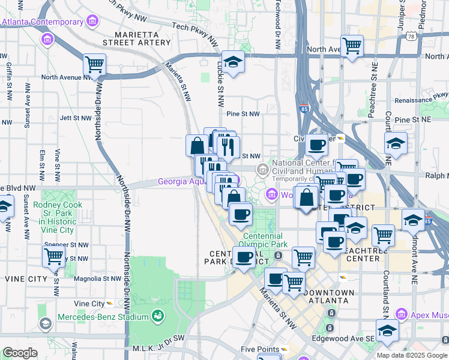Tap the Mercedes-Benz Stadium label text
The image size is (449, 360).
[103, 317]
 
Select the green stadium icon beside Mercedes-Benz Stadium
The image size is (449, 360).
[158, 316]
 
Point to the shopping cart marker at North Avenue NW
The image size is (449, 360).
[94, 65]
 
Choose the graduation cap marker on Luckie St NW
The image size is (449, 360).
[232, 62]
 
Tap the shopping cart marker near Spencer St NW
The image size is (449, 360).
[54, 256]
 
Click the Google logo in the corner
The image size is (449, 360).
[20, 353]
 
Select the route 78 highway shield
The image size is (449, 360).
[411, 37]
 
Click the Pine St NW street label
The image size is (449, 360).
[243, 113]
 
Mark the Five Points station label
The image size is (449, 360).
[259, 349]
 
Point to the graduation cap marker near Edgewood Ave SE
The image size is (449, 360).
[387, 330]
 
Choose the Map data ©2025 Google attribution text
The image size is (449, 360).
[412, 355]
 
